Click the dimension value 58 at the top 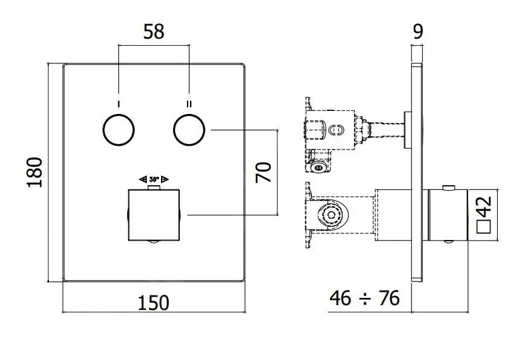(x=154, y=31)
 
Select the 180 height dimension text (x=35, y=172)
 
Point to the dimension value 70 (x=263, y=172)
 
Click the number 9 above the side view (x=417, y=32)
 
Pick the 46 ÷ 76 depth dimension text (x=364, y=297)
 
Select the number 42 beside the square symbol (x=486, y=209)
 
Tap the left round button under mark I (x=118, y=130)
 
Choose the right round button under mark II (x=189, y=130)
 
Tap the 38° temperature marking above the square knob (x=154, y=179)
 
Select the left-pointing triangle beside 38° (x=142, y=179)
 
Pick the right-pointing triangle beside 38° (x=165, y=179)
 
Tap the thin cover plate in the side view (x=416, y=172)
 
